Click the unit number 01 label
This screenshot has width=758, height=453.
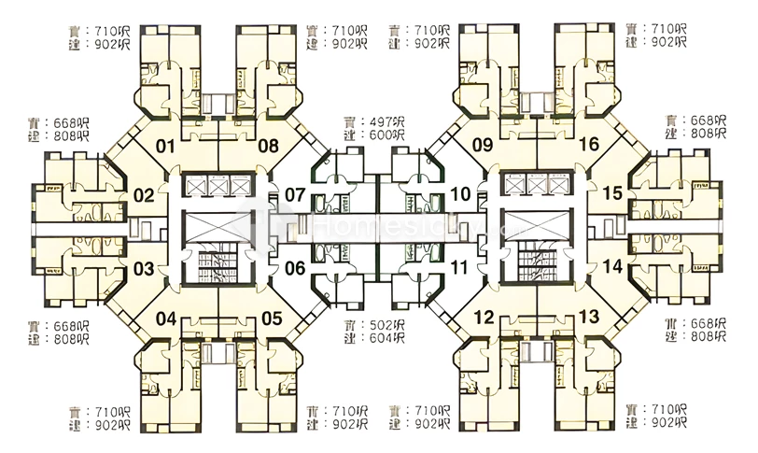tap(165, 146)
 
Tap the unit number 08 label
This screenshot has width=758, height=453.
tap(269, 146)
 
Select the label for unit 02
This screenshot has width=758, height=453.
tap(143, 196)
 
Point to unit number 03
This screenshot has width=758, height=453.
tap(143, 269)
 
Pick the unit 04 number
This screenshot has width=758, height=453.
tap(165, 319)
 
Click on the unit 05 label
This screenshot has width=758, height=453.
tap(271, 319)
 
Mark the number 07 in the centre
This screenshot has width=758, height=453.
tap(295, 195)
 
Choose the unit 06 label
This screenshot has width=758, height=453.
tap(295, 268)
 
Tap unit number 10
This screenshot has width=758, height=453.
tap(460, 195)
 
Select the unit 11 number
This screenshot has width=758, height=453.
tap(460, 268)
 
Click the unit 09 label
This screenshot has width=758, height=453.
tap(483, 145)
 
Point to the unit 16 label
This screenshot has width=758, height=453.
tap(588, 145)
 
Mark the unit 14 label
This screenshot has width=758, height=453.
tap(611, 267)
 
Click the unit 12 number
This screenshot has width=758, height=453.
tap(484, 318)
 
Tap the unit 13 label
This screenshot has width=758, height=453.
tap(589, 318)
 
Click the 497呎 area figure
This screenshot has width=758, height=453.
tap(385, 121)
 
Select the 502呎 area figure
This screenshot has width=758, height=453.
tap(385, 326)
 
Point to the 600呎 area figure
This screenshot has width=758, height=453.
tap(385, 134)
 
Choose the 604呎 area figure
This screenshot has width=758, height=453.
tap(385, 339)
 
